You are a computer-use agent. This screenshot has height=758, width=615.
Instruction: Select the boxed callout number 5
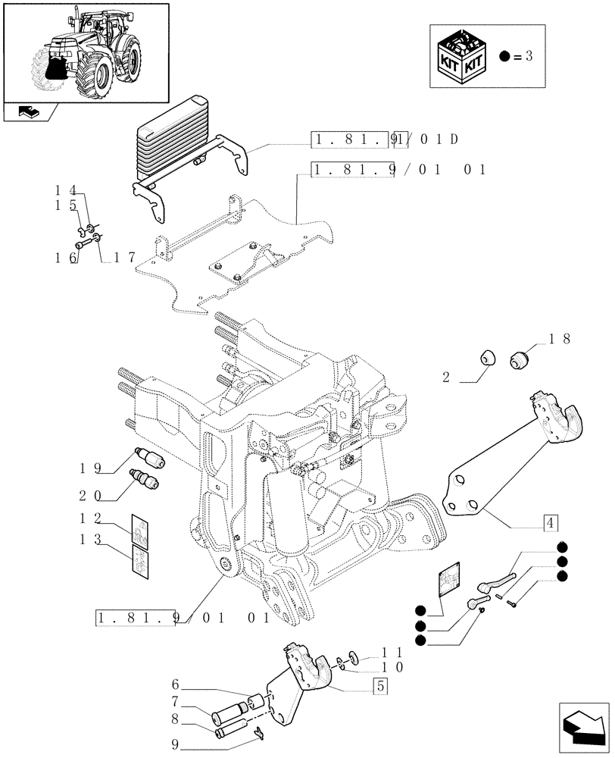(381, 687)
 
